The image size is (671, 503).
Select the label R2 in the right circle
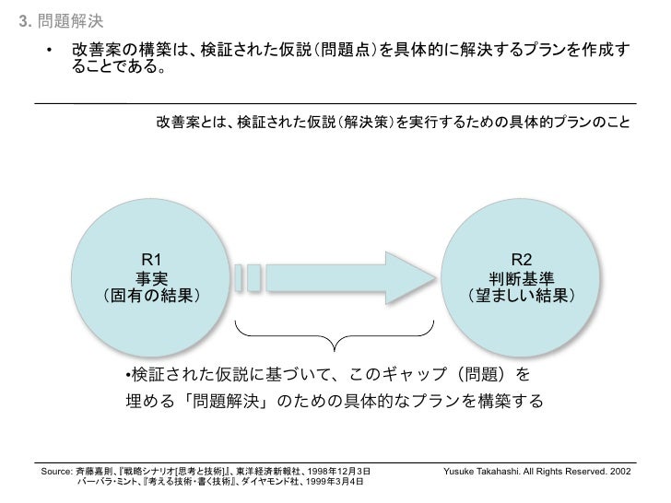point(521,262)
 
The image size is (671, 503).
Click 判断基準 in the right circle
point(521,279)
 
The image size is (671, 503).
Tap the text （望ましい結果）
point(521,297)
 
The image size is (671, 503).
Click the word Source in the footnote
point(57,471)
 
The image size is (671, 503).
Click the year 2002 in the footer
point(619,471)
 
